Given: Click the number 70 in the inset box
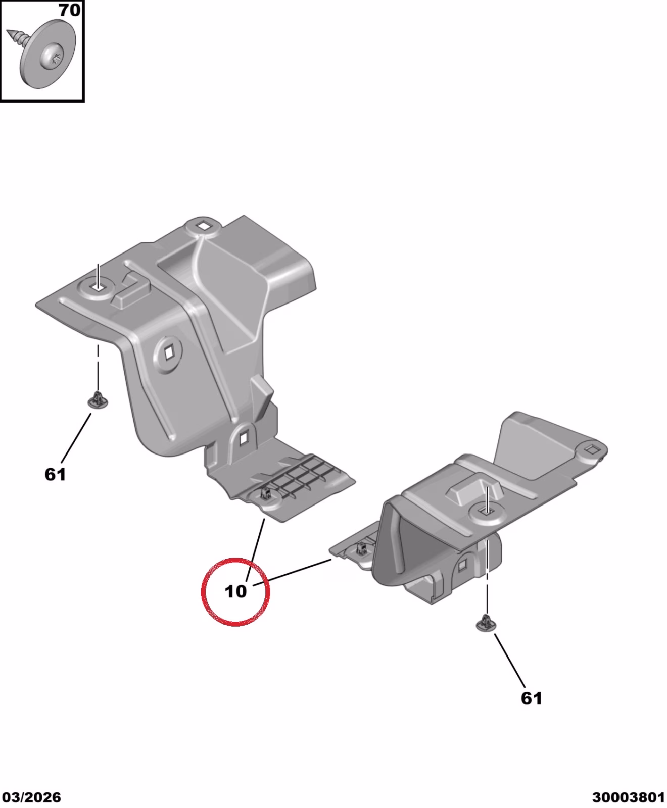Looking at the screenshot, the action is coord(69,10).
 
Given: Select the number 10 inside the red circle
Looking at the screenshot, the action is coord(235,591).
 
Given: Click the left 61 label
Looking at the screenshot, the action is coord(55,474).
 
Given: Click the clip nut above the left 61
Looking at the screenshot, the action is coord(97,401).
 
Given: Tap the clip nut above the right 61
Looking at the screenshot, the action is coord(486,623).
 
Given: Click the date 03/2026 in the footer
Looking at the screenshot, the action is coord(31,797).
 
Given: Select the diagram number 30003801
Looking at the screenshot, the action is coord(629,797).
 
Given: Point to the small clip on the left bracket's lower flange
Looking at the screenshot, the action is coord(266,492).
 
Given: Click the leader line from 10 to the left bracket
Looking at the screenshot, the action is coord(256,549).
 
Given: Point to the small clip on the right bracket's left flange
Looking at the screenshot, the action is coord(362,548).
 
